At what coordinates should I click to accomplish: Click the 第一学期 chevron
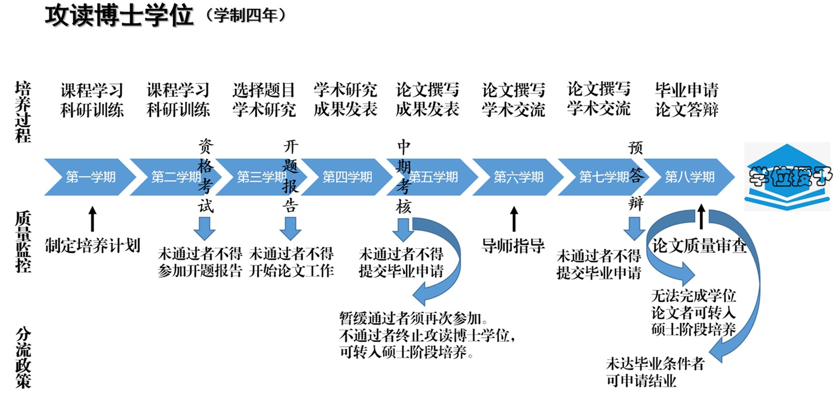[90, 177]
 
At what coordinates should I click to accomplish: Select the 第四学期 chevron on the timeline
[347, 177]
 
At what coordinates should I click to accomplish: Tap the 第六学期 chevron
[518, 177]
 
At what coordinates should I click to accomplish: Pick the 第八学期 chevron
[689, 177]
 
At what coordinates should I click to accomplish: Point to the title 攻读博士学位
[119, 16]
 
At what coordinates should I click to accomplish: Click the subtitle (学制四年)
[245, 16]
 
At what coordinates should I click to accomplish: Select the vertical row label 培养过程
[23, 112]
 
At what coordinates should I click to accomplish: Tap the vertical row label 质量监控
[23, 242]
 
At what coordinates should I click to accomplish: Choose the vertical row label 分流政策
[23, 358]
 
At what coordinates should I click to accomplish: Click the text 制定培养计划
[93, 245]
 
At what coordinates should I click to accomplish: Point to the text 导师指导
[513, 245]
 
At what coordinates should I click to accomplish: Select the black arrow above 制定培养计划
[93, 218]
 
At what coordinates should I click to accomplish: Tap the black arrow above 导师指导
[514, 218]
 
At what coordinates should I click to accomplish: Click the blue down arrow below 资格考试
[204, 228]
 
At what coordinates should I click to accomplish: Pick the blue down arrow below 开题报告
[290, 228]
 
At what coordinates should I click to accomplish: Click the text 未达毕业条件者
[655, 364]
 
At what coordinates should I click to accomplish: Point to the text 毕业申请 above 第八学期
[687, 90]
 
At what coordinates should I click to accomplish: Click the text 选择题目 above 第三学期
[264, 90]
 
